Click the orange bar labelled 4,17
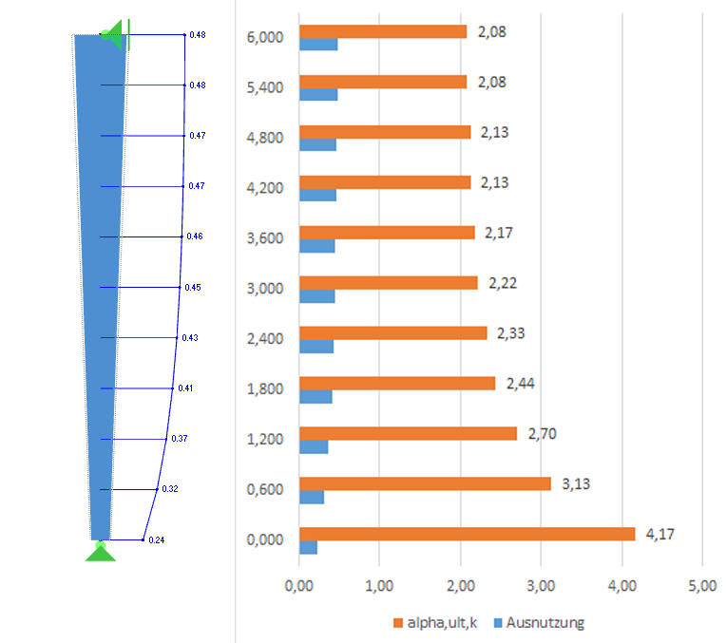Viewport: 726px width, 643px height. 467,534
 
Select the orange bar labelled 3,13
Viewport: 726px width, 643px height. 425,483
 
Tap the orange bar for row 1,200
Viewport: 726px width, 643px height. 408,433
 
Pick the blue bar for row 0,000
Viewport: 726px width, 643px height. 308,547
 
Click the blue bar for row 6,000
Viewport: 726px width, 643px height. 318,44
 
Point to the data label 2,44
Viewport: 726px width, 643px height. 521,383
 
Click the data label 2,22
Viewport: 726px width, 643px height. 503,283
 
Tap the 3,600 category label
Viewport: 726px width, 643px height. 264,234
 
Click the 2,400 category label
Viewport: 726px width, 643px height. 264,334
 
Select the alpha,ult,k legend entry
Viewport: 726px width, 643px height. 436,623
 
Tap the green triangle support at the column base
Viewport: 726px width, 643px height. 101,552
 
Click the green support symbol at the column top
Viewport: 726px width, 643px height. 116,36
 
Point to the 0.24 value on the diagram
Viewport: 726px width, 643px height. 157,540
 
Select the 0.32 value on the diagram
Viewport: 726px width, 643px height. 170,489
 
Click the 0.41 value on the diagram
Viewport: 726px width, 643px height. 185,388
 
